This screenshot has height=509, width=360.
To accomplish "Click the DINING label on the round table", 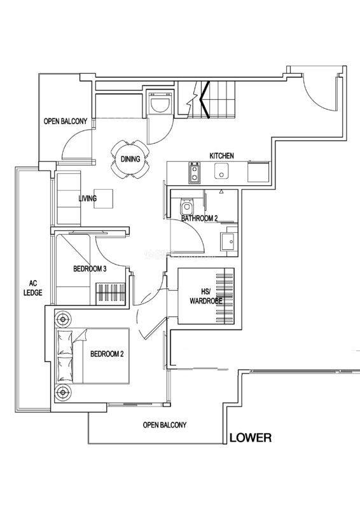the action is [130, 159].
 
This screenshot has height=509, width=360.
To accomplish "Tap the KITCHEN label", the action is [221, 156].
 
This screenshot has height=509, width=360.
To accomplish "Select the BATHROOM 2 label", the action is [199, 218].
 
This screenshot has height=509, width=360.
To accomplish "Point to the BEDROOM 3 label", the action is [90, 268].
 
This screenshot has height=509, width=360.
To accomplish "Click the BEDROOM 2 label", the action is [107, 354].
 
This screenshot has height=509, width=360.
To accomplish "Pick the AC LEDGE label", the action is [33, 288].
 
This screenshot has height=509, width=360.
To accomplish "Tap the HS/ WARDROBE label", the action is [206, 296].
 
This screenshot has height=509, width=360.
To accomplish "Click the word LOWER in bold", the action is [250, 438].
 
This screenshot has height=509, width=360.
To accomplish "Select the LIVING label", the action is [88, 198].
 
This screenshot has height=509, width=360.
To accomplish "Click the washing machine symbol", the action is [160, 102].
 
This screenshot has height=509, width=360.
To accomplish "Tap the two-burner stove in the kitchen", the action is [195, 172].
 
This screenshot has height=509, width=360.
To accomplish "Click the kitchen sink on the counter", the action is [221, 171].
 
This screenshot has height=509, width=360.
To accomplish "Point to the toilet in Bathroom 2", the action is [186, 205].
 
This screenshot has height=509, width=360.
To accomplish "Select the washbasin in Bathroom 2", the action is [229, 242].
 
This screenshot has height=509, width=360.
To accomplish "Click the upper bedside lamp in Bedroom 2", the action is [63, 320].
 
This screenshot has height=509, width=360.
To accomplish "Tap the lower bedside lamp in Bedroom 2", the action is [63, 393].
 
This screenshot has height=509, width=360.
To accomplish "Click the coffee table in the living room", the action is [104, 199].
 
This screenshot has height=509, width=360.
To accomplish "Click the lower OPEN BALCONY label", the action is [165, 425].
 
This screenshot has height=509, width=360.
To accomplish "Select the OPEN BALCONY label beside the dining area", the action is [66, 121].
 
